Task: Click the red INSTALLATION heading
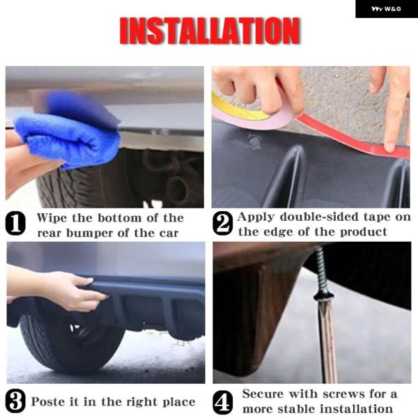coord(210,31)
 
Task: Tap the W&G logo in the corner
coord(386,9)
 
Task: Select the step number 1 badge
coord(15,224)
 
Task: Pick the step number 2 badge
coord(223,224)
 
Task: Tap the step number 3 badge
coord(15,401)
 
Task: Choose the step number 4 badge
coord(223,403)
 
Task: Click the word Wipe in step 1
coord(52,218)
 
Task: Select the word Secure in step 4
coord(263,394)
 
